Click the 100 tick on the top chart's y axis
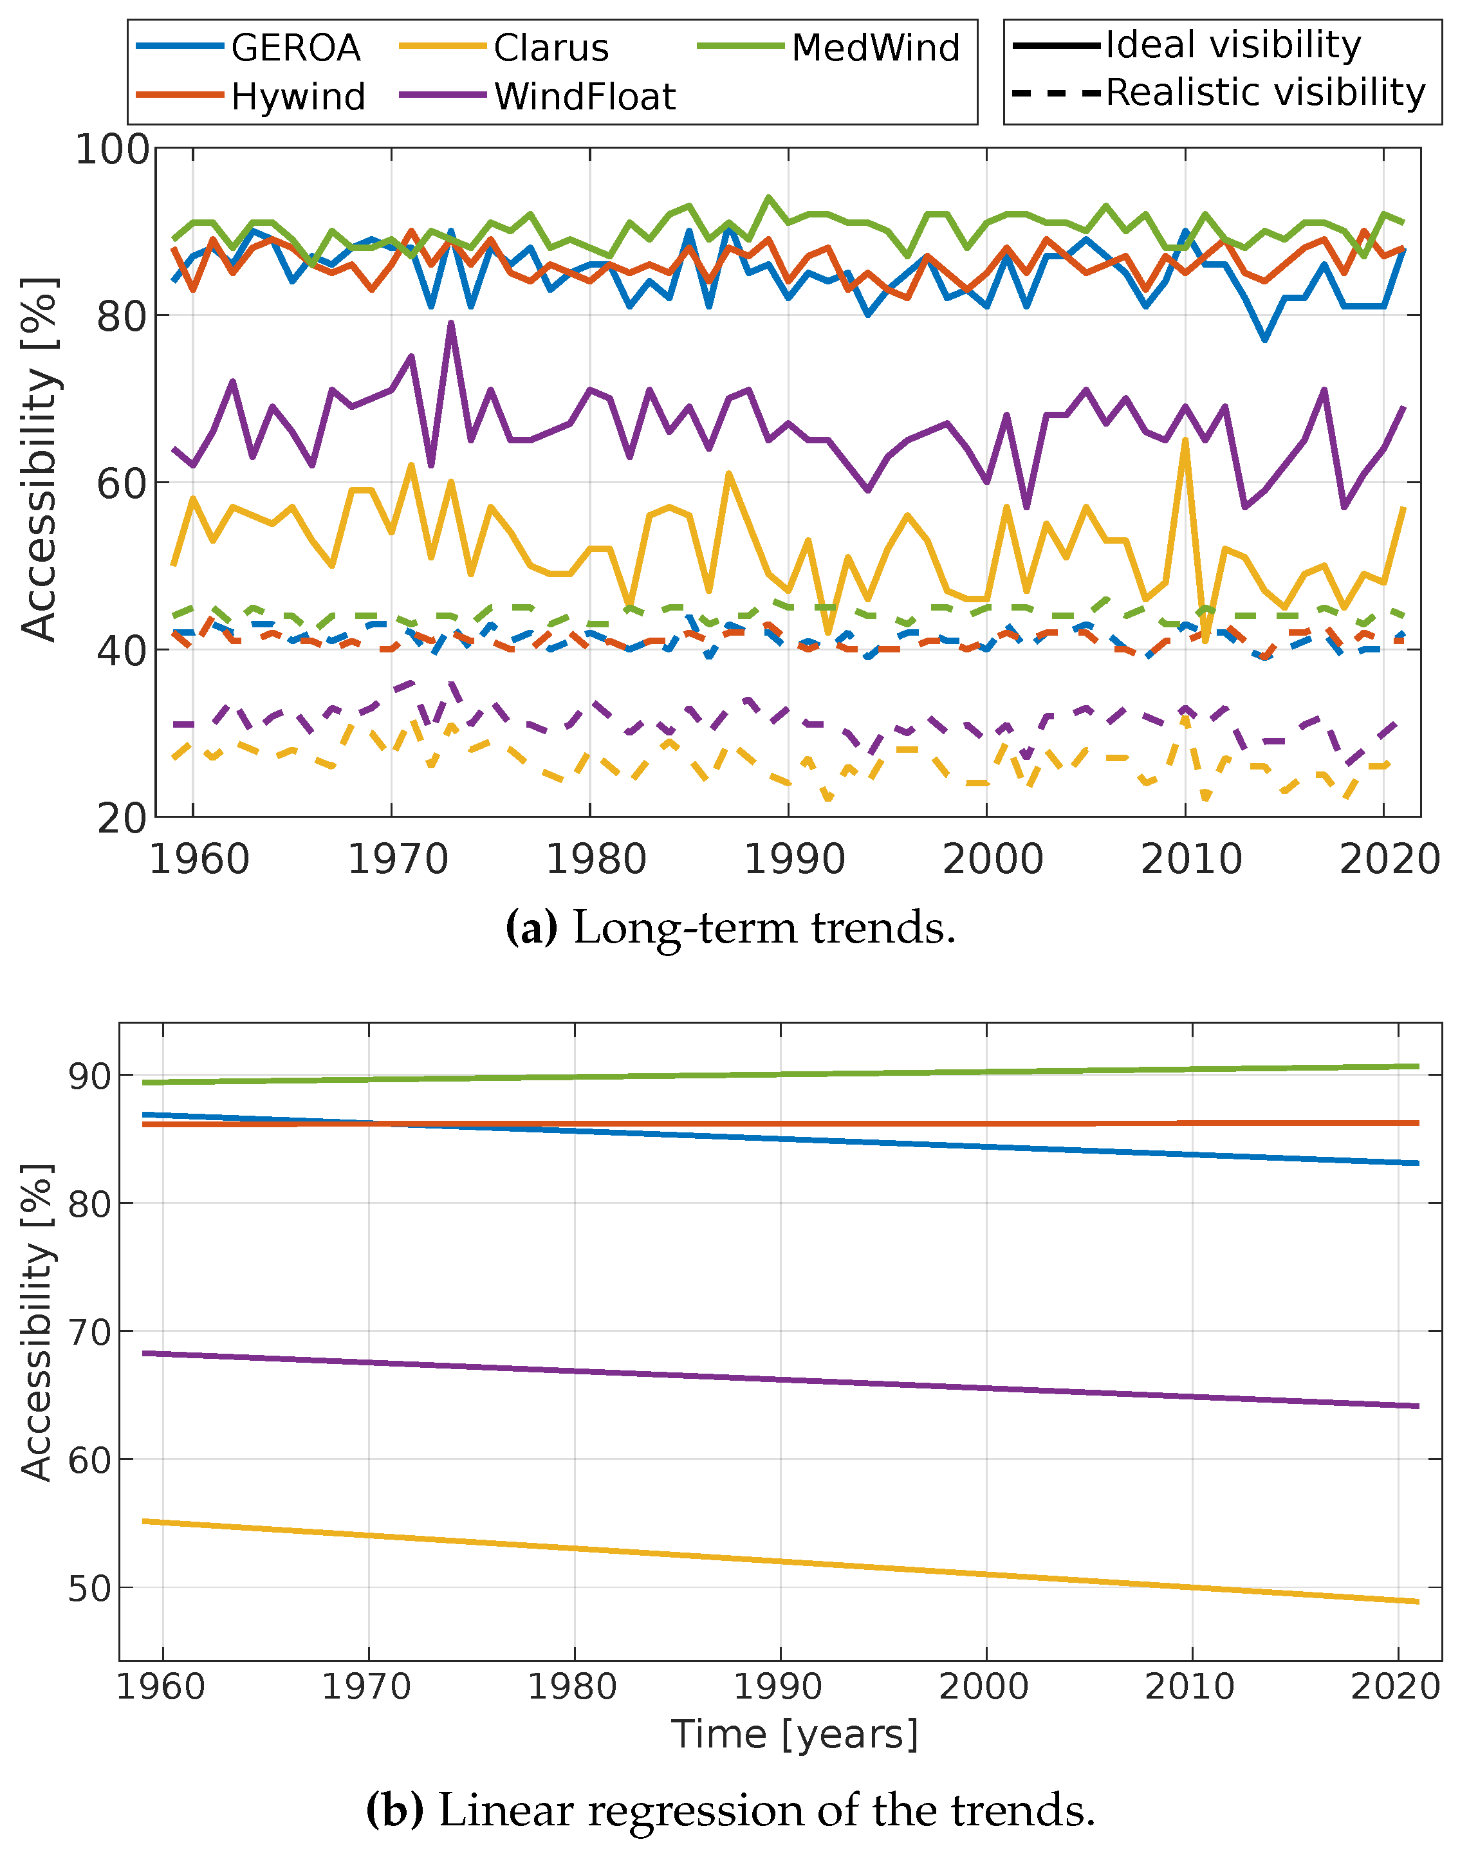point(113,151)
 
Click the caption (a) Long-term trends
point(730,928)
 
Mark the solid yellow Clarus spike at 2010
point(1185,442)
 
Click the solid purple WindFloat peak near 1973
point(450,324)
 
